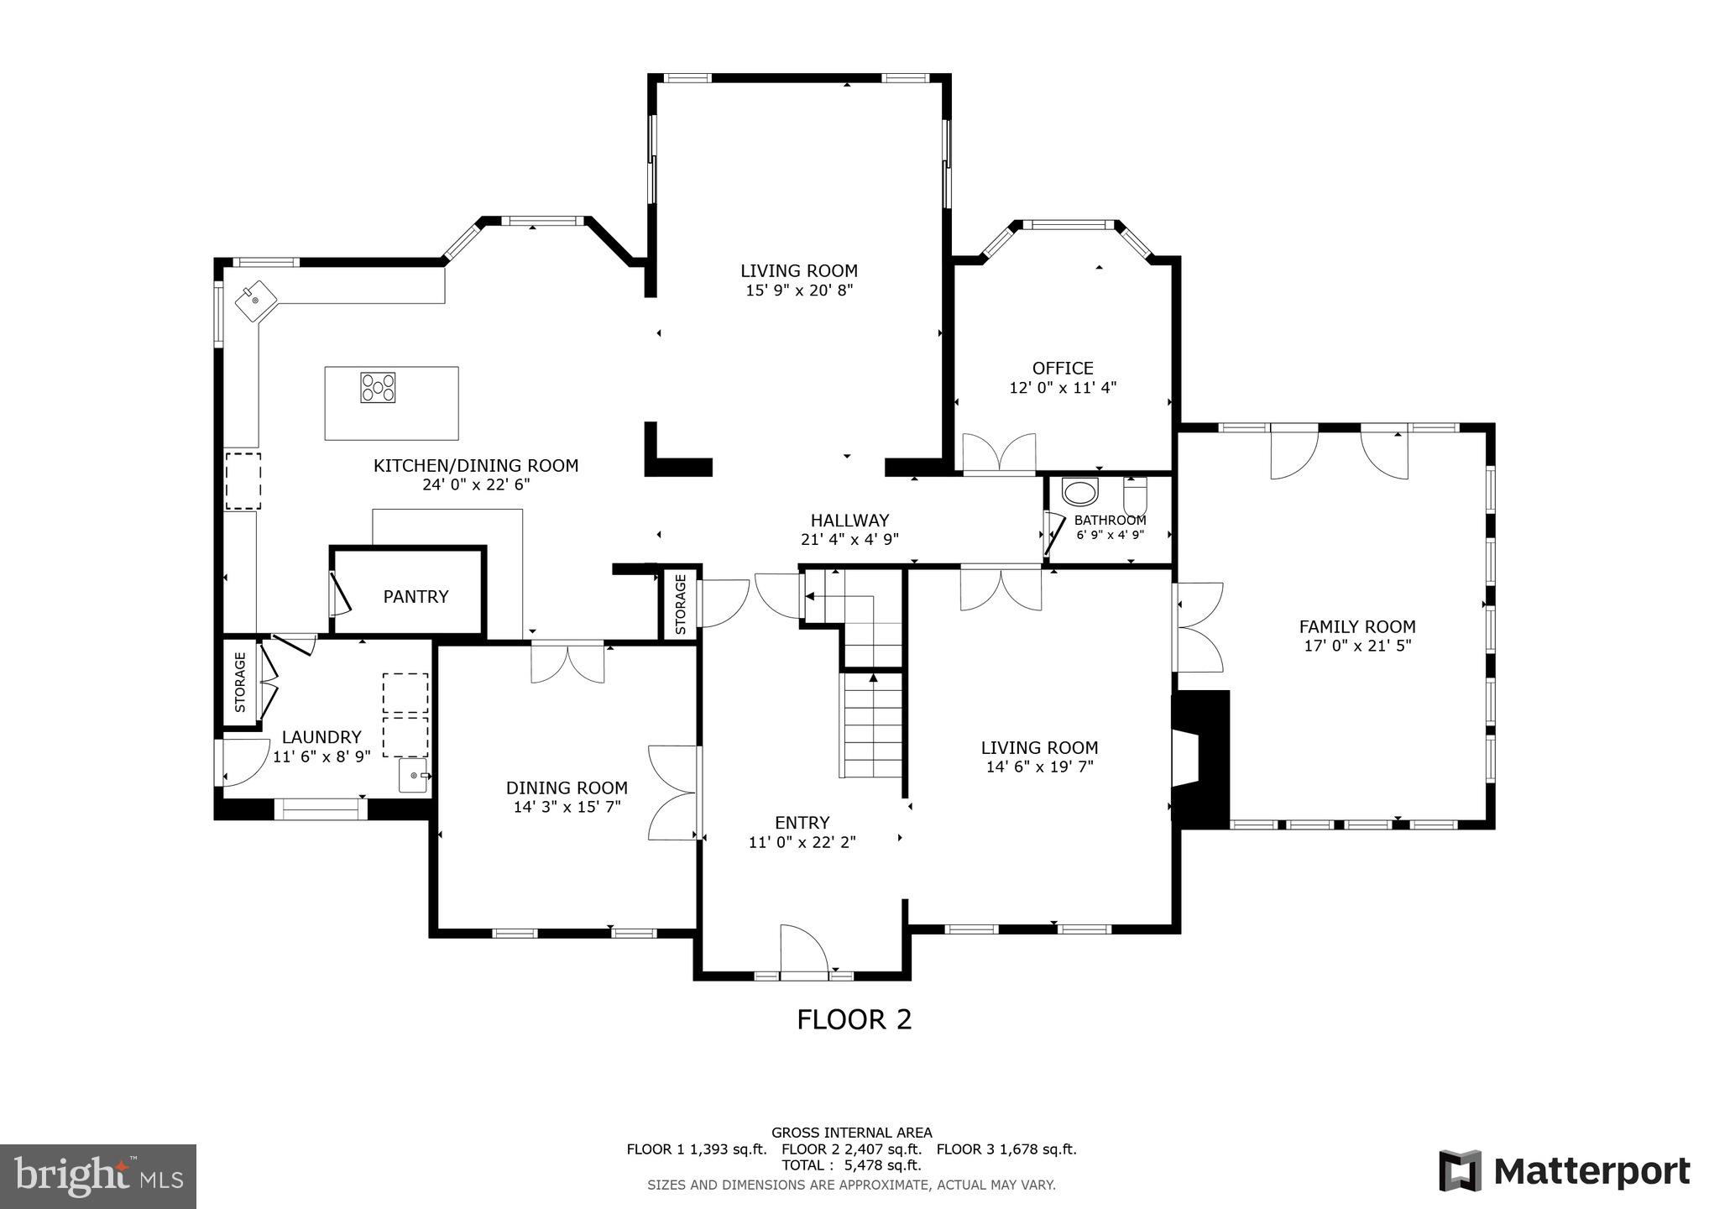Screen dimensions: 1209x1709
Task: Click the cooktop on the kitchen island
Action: [378, 388]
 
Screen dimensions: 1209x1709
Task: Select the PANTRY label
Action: [415, 596]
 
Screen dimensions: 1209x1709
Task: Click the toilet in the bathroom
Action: [1135, 494]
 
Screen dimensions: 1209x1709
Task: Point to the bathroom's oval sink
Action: [1079, 493]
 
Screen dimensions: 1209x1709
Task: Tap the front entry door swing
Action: [803, 950]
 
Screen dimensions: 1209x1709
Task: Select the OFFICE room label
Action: [1063, 368]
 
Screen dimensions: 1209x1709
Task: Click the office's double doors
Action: [999, 454]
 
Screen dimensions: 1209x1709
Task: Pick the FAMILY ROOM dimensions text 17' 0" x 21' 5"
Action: [1357, 646]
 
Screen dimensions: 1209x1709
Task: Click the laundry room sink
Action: [414, 776]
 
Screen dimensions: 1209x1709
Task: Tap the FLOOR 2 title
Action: [854, 1019]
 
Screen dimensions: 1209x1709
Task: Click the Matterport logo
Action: [1564, 1171]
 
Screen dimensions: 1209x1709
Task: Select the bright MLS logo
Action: [98, 1175]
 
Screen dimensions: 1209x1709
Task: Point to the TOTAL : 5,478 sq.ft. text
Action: [851, 1165]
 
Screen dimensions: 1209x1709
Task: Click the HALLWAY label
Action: [849, 521]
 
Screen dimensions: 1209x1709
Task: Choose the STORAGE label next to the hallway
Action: [681, 604]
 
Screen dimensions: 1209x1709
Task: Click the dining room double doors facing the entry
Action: [673, 793]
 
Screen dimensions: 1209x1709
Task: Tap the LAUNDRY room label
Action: [321, 737]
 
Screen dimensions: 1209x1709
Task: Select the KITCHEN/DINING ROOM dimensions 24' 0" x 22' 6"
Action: [476, 484]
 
